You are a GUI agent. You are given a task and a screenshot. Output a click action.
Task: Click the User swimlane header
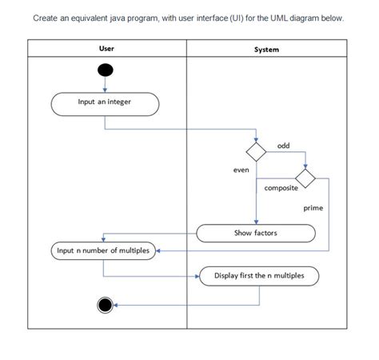(106, 48)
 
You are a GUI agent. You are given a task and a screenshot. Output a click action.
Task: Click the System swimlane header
(266, 49)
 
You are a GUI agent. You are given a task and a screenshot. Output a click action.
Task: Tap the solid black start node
(105, 71)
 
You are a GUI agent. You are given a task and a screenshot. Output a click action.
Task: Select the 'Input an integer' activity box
(105, 102)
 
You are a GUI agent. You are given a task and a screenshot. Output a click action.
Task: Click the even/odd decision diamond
(255, 150)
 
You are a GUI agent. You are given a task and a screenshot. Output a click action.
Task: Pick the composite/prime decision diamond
(305, 176)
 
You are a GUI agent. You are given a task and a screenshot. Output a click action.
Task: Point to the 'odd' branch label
(283, 145)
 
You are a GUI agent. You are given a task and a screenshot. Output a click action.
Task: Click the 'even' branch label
(241, 170)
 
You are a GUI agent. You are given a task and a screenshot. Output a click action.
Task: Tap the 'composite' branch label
(281, 188)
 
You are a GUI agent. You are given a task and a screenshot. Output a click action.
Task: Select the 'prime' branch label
(313, 208)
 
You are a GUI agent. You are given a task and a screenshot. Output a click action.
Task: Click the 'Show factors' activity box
(255, 233)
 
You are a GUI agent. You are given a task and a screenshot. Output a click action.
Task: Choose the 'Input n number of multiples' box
(102, 250)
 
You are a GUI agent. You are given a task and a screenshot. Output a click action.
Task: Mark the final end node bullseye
(104, 304)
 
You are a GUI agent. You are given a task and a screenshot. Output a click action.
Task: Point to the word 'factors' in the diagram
(265, 233)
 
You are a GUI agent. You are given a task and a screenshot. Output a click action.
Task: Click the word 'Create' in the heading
(45, 18)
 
